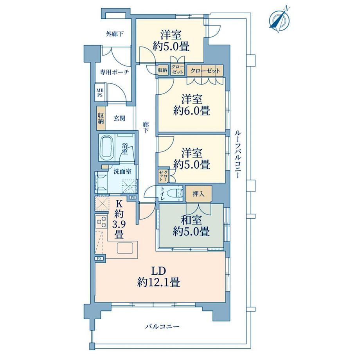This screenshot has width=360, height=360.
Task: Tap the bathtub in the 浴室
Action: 107,148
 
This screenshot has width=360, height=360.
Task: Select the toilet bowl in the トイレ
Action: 175,193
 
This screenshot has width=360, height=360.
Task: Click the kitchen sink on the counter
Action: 126,248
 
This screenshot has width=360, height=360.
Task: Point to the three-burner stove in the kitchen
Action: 101,221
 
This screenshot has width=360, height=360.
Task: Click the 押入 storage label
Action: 198,194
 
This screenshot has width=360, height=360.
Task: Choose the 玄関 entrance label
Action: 119,119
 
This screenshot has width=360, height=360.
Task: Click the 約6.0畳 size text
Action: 191,112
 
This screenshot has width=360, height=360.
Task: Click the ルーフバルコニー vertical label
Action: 238,155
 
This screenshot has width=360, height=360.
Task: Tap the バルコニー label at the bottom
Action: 162,326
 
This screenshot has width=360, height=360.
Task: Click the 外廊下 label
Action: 115,34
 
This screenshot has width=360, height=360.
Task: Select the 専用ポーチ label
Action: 114,72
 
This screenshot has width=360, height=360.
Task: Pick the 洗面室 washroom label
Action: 122,171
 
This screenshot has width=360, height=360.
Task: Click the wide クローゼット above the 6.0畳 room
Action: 205,71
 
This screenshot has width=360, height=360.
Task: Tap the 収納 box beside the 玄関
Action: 101,118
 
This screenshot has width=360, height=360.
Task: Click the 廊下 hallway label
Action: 146,128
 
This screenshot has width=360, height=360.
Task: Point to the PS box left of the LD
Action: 99,258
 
